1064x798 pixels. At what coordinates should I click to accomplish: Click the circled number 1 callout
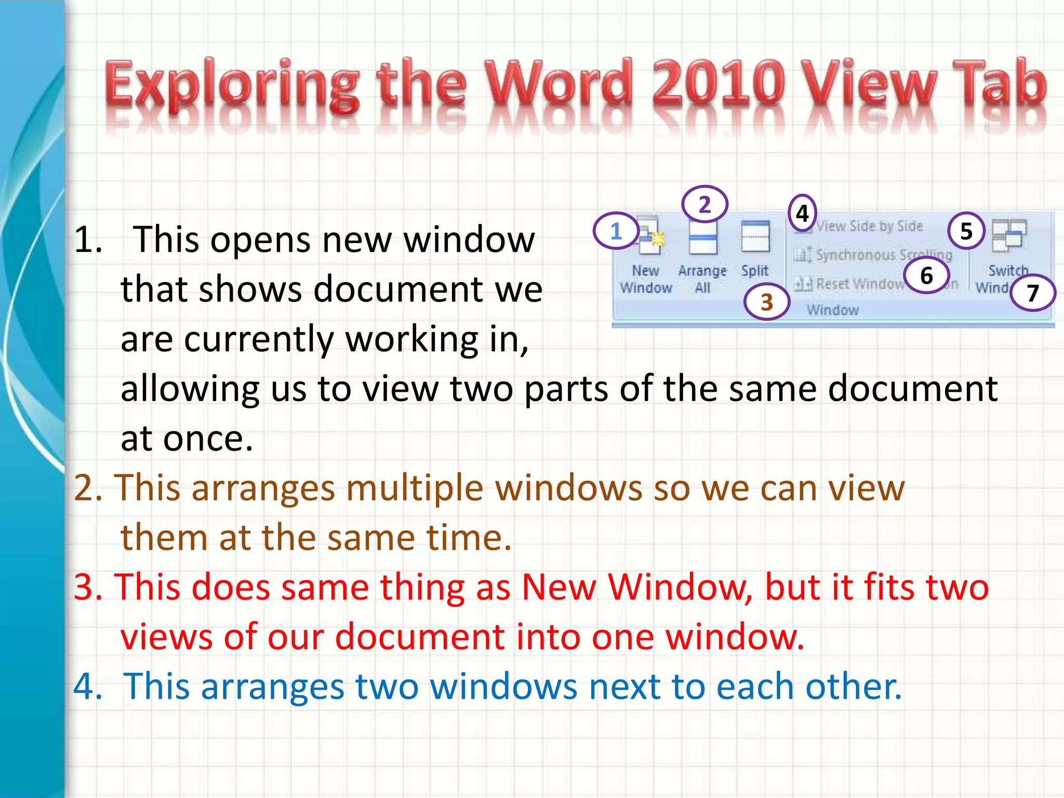click(x=616, y=231)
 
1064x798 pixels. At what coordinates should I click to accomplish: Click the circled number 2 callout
click(x=704, y=204)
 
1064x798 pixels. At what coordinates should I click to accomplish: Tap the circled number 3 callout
click(x=767, y=302)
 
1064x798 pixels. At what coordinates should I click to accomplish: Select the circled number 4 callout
click(x=802, y=213)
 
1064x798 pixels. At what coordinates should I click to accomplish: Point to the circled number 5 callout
click(x=966, y=231)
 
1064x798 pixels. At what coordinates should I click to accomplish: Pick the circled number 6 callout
click(x=926, y=275)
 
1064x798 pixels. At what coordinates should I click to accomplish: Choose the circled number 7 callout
click(x=1033, y=293)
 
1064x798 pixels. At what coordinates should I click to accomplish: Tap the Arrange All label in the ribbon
click(x=702, y=279)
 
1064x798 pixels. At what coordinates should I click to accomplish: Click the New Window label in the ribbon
click(x=646, y=279)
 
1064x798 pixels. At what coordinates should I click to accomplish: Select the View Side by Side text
click(x=869, y=226)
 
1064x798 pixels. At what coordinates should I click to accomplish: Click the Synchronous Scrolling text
click(x=883, y=255)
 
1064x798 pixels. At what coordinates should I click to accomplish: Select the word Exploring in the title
click(x=232, y=86)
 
